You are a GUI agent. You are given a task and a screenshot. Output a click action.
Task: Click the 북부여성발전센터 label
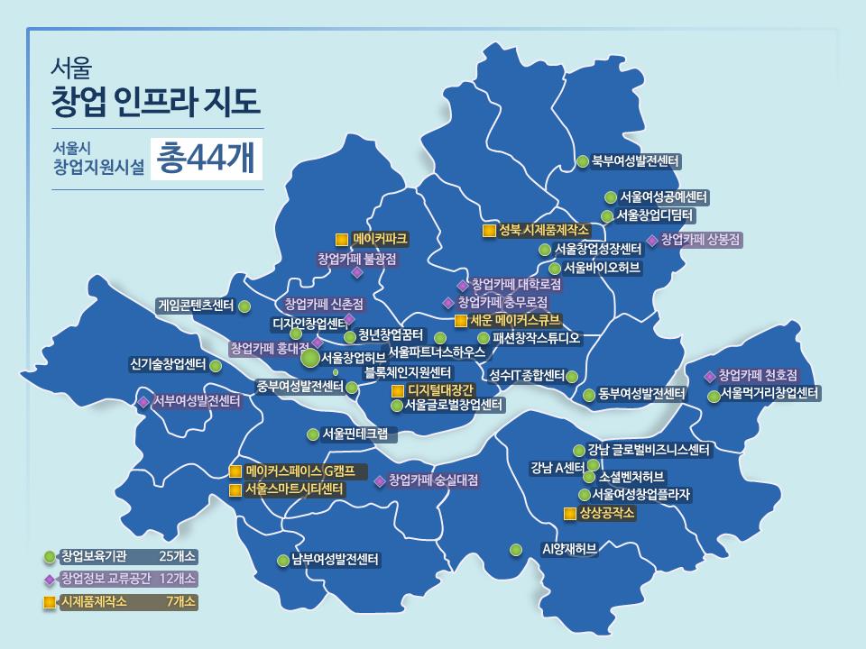(636, 161)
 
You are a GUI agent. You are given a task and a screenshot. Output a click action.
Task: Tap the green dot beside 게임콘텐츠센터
(244, 306)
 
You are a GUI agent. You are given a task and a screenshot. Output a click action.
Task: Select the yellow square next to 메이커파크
(341, 240)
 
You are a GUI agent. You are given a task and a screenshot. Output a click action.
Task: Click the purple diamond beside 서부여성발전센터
(143, 401)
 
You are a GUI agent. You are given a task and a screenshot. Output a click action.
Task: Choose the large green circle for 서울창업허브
(309, 358)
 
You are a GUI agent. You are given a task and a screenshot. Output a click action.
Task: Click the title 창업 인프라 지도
(157, 101)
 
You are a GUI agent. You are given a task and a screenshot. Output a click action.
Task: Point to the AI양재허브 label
(569, 548)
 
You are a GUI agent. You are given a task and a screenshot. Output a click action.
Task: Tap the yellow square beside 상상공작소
(569, 514)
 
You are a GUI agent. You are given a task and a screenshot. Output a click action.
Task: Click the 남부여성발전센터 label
(334, 560)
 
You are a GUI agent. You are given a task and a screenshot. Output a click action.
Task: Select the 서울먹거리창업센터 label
(769, 394)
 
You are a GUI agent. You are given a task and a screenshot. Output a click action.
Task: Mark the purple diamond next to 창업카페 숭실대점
(380, 480)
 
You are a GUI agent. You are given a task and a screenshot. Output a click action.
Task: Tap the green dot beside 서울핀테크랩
(313, 434)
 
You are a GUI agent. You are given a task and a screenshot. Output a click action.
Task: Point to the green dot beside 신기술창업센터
(216, 366)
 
